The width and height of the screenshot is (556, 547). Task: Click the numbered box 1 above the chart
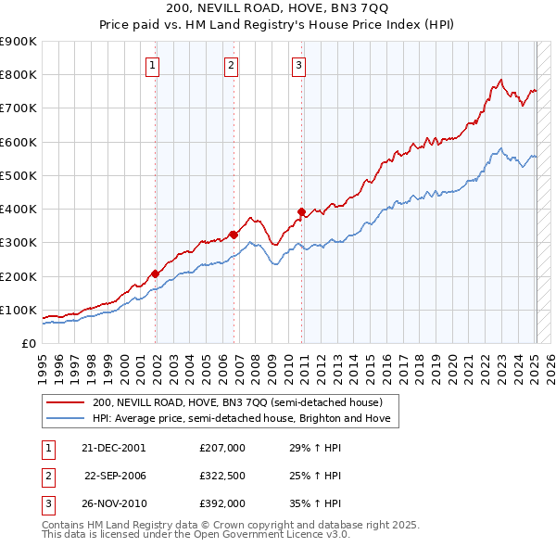click(152, 65)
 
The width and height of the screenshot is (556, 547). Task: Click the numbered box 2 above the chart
click(231, 65)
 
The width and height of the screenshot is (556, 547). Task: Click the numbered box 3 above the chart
click(299, 65)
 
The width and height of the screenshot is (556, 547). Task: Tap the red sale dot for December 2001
click(156, 273)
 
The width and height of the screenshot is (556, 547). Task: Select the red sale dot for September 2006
click(234, 235)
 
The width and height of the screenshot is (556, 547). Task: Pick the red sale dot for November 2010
click(302, 211)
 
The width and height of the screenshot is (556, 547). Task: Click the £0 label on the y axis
click(28, 343)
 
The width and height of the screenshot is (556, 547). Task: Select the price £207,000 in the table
click(221, 448)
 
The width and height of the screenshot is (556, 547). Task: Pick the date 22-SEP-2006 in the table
click(117, 476)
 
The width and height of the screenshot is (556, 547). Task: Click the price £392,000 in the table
click(221, 503)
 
